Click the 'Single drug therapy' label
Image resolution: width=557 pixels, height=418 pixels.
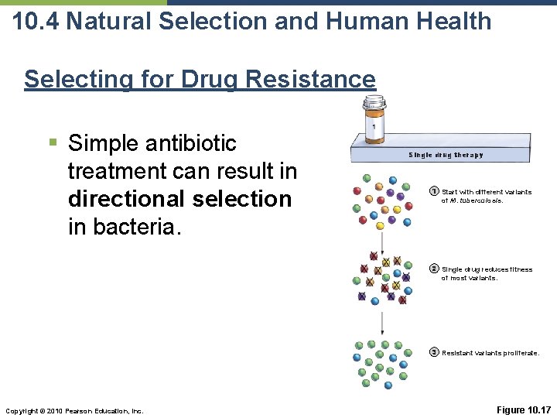pyautogui.click(x=446, y=155)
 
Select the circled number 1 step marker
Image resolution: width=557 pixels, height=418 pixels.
pyautogui.click(x=434, y=191)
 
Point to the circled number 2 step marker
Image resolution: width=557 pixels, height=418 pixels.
pyautogui.click(x=434, y=269)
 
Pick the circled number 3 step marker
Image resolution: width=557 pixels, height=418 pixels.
pyautogui.click(x=434, y=352)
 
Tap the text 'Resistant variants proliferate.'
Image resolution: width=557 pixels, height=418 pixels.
pyautogui.click(x=490, y=353)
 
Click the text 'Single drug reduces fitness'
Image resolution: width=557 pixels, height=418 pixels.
pyautogui.click(x=487, y=269)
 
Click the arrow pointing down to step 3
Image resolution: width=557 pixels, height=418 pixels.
pyautogui.click(x=381, y=323)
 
